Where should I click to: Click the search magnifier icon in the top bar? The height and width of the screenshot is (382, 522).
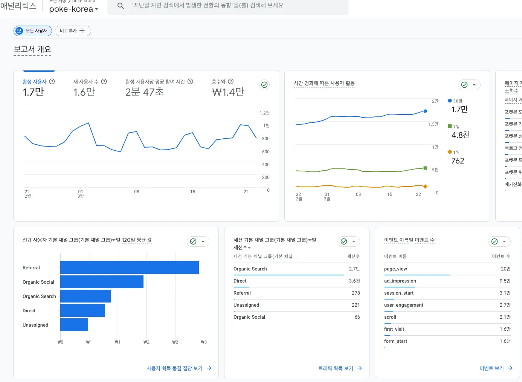click(121, 6)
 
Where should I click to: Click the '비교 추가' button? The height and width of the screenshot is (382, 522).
click(73, 31)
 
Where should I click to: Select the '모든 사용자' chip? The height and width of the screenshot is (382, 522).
click(33, 31)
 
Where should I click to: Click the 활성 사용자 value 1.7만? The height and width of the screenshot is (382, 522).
click(33, 92)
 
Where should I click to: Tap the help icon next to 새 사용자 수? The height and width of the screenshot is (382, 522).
click(104, 81)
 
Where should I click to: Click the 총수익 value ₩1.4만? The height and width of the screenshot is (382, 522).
click(228, 92)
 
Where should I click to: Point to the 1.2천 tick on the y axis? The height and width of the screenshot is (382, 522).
click(264, 113)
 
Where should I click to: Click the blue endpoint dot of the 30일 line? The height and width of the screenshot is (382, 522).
click(425, 111)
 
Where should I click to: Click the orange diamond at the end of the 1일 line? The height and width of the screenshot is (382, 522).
click(425, 186)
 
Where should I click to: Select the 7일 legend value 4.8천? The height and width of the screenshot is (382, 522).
click(460, 135)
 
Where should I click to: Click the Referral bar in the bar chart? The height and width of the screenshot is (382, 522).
click(129, 267)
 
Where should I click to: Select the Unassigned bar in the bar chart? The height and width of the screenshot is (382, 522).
click(74, 325)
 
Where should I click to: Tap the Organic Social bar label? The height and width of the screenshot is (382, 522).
click(38, 282)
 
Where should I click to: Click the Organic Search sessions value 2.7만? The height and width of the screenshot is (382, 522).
click(354, 269)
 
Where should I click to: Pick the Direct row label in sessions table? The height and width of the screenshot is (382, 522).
click(240, 281)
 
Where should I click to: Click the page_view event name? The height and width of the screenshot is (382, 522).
click(395, 269)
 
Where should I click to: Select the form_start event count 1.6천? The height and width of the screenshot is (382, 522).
click(505, 341)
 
